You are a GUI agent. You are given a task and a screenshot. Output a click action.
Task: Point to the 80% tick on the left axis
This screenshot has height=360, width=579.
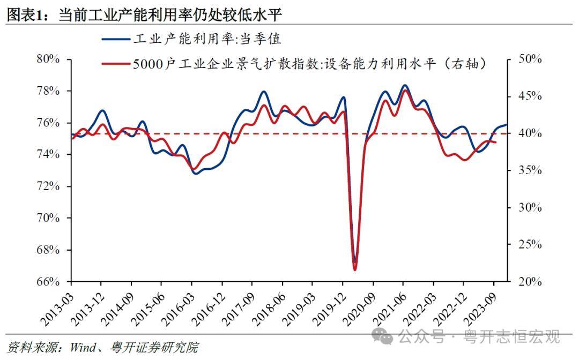pos(47,59)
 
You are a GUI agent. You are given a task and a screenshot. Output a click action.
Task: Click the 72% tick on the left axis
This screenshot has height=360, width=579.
pos(47,186)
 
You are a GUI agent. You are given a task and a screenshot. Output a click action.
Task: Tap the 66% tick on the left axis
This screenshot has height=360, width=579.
pos(47,282)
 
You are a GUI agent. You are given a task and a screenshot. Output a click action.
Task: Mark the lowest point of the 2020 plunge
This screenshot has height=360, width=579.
pos(355,268)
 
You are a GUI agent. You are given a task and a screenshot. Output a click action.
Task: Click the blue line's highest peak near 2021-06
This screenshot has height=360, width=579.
pos(405,85)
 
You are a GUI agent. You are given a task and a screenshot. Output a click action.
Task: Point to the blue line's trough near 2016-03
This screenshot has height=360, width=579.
pos(195,173)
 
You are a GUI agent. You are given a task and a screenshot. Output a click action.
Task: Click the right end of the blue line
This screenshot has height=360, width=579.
pos(506,125)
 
